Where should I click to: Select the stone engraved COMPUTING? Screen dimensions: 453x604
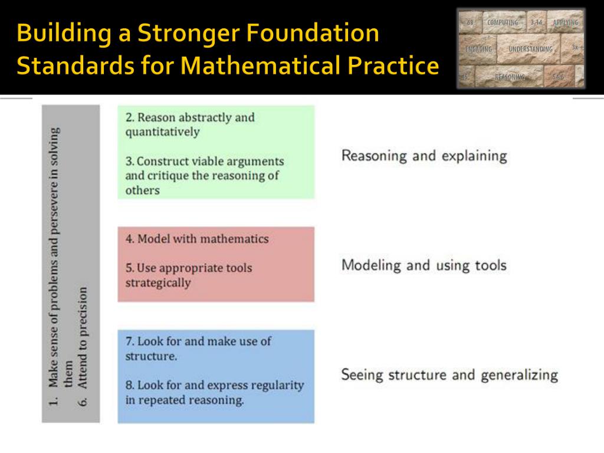(503, 22)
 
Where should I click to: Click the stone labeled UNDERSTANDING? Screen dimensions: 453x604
(530, 49)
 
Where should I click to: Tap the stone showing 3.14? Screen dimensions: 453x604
(536, 22)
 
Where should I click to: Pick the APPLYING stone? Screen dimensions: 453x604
(565, 22)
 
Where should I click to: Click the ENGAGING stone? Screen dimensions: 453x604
(478, 50)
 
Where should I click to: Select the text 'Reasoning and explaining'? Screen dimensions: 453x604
(424, 156)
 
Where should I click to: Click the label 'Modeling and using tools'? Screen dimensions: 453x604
(424, 265)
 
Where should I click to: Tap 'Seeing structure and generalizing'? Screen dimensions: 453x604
(449, 375)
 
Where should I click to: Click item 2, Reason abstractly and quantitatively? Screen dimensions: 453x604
(189, 124)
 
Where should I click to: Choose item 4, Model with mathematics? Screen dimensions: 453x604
(196, 239)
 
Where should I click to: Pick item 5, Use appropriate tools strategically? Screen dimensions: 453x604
(188, 275)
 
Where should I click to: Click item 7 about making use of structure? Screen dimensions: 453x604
(198, 349)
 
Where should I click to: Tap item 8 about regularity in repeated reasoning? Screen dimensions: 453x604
(214, 392)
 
